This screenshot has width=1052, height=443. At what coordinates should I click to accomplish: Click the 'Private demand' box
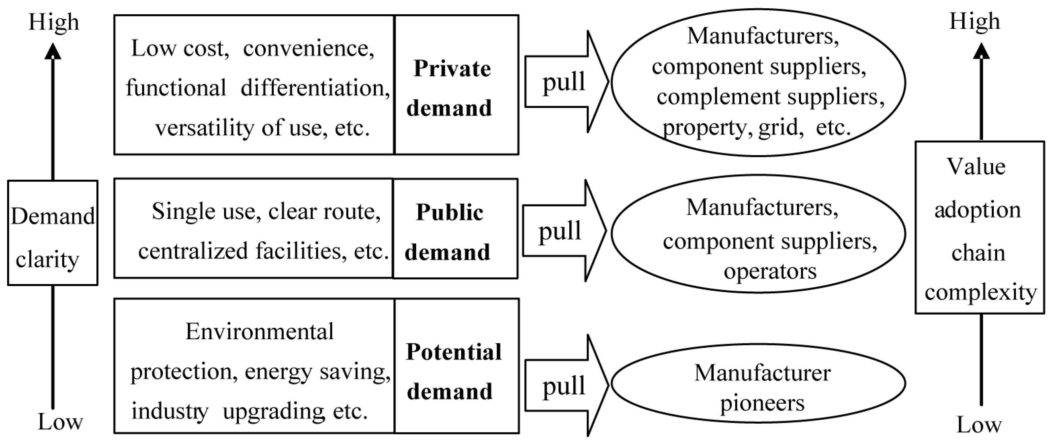coord(456,85)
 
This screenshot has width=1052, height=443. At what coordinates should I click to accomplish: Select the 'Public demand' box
coord(455,229)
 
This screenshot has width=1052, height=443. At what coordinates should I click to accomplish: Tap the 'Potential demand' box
coord(457,366)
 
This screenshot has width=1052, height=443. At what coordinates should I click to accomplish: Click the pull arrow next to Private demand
coord(566,82)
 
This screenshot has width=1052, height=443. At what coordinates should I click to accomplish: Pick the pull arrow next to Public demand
coord(564,231)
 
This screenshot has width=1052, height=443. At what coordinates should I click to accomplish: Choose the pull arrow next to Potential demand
coord(566,386)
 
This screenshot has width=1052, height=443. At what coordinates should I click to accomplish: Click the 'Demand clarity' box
coord(53,233)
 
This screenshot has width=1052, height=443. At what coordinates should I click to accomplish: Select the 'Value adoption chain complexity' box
coord(979,227)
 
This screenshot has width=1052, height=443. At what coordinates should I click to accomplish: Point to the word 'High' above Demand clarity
coord(54,22)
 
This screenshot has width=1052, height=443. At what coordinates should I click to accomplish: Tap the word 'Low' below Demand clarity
coord(60,422)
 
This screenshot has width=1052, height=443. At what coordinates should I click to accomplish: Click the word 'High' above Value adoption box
coord(975,21)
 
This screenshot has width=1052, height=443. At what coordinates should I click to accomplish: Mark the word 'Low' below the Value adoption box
coord(979,425)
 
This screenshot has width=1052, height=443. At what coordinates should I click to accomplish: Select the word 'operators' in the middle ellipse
coord(770,272)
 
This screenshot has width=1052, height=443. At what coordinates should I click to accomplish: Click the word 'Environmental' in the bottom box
coord(260,332)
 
